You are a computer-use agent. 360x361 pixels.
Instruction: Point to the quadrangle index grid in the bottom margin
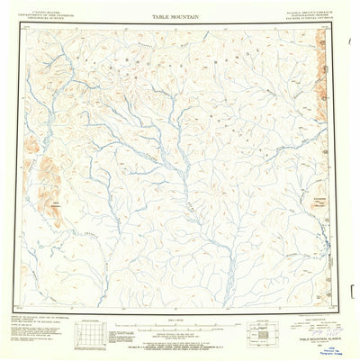[88, 336]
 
